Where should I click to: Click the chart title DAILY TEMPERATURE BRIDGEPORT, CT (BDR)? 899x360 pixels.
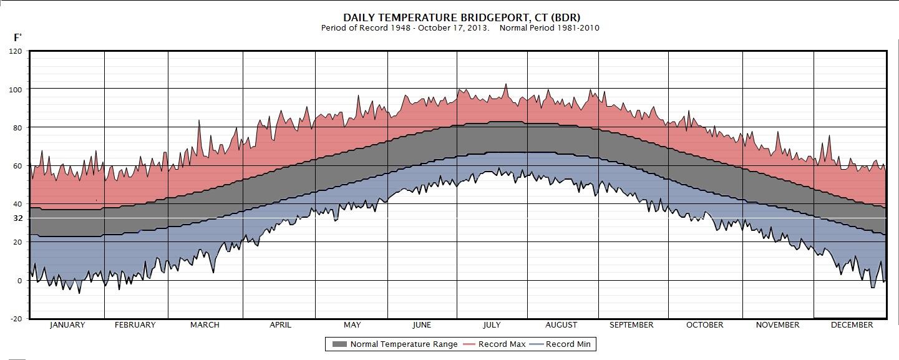click(x=461, y=17)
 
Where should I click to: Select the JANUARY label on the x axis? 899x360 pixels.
click(x=67, y=325)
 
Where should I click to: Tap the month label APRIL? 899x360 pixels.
click(x=280, y=325)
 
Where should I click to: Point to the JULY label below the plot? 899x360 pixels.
click(x=492, y=325)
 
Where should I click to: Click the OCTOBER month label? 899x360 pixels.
click(x=704, y=325)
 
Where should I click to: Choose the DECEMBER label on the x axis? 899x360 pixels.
click(x=852, y=325)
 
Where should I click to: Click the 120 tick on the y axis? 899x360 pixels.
click(x=17, y=52)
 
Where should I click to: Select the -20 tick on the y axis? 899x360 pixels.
click(x=16, y=319)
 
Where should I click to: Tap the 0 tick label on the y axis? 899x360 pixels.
click(x=19, y=281)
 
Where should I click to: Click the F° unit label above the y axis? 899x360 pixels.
click(x=18, y=38)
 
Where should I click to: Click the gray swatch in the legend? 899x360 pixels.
click(x=339, y=344)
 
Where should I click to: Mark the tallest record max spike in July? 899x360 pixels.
click(x=505, y=84)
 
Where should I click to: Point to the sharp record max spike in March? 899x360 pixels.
click(x=199, y=120)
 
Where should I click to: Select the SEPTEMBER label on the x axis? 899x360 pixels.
click(x=631, y=325)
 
